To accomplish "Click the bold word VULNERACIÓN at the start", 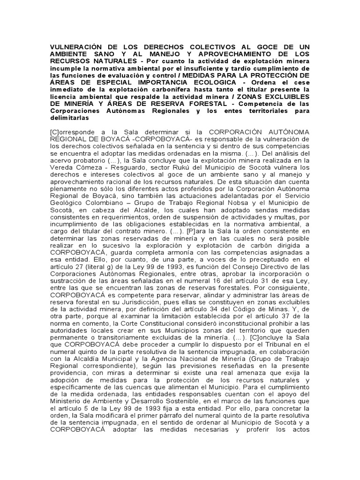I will (74, 48).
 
